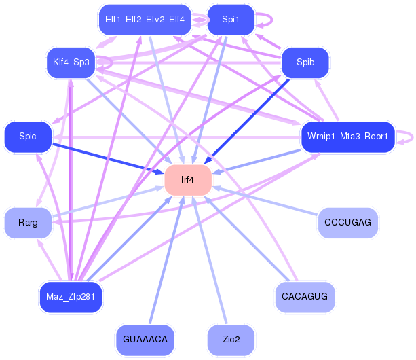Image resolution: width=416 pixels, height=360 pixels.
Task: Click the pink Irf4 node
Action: click(188, 180)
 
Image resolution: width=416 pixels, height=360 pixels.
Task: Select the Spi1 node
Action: click(231, 20)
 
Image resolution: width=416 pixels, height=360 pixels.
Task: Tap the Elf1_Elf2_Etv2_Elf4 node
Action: click(145, 20)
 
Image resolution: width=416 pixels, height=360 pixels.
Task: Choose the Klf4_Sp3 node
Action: click(71, 62)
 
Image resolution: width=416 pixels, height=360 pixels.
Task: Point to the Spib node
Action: click(305, 62)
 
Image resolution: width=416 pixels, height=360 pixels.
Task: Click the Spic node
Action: click(28, 137)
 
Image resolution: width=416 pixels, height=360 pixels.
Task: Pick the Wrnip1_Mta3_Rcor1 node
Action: click(347, 137)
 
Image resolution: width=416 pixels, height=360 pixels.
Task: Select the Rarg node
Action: click(28, 223)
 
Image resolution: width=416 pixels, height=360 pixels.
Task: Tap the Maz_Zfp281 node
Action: click(71, 297)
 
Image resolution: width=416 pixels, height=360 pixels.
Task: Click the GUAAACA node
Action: click(145, 340)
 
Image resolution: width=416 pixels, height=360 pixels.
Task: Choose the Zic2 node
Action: click(231, 340)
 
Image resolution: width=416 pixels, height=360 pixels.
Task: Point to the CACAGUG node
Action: click(305, 297)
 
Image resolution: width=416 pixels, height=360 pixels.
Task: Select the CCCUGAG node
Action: click(347, 223)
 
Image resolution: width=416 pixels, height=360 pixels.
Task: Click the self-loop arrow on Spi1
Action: click(271, 20)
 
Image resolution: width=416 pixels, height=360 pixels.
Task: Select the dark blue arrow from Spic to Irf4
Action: click(108, 159)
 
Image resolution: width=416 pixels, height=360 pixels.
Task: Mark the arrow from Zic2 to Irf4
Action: click(210, 260)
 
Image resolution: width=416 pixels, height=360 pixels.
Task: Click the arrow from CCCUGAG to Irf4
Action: click(265, 201)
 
